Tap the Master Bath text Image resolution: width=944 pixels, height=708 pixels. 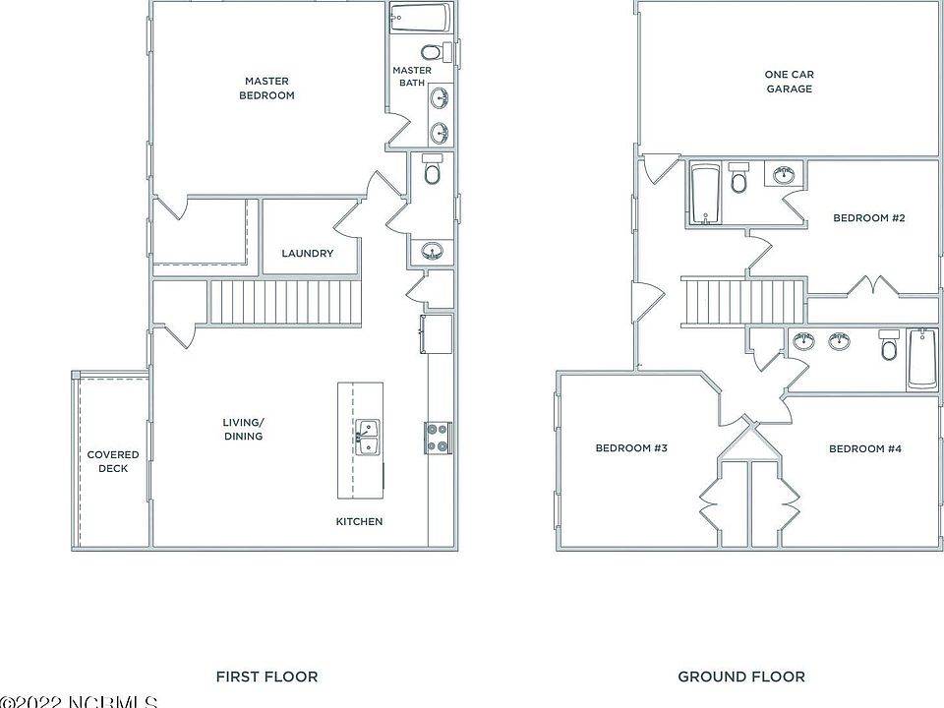pyautogui.click(x=412, y=77)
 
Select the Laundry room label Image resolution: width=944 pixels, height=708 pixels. pyautogui.click(x=307, y=254)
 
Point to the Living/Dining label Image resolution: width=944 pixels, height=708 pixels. pyautogui.click(x=243, y=430)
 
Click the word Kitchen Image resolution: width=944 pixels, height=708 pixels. pyautogui.click(x=359, y=521)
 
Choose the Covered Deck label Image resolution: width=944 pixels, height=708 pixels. pyautogui.click(x=113, y=461)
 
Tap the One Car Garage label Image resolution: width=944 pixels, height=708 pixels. pyautogui.click(x=790, y=82)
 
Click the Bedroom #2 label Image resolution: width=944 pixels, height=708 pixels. pyautogui.click(x=868, y=218)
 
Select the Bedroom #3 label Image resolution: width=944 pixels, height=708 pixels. pyautogui.click(x=631, y=448)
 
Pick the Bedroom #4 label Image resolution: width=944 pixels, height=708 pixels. pyautogui.click(x=865, y=448)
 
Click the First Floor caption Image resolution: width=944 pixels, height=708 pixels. pyautogui.click(x=266, y=677)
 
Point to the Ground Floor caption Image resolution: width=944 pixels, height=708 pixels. pyautogui.click(x=741, y=677)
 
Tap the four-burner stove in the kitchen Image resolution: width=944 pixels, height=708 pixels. pyautogui.click(x=438, y=437)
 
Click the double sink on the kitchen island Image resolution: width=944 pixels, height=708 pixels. pyautogui.click(x=368, y=439)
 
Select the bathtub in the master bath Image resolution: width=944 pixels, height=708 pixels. pyautogui.click(x=420, y=19)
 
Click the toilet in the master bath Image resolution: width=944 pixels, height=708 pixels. pyautogui.click(x=431, y=51)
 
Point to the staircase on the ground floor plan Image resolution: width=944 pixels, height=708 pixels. pyautogui.click(x=744, y=300)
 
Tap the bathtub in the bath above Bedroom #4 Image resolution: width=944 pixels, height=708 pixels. pyautogui.click(x=922, y=360)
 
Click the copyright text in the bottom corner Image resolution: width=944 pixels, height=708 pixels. pyautogui.click(x=79, y=701)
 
